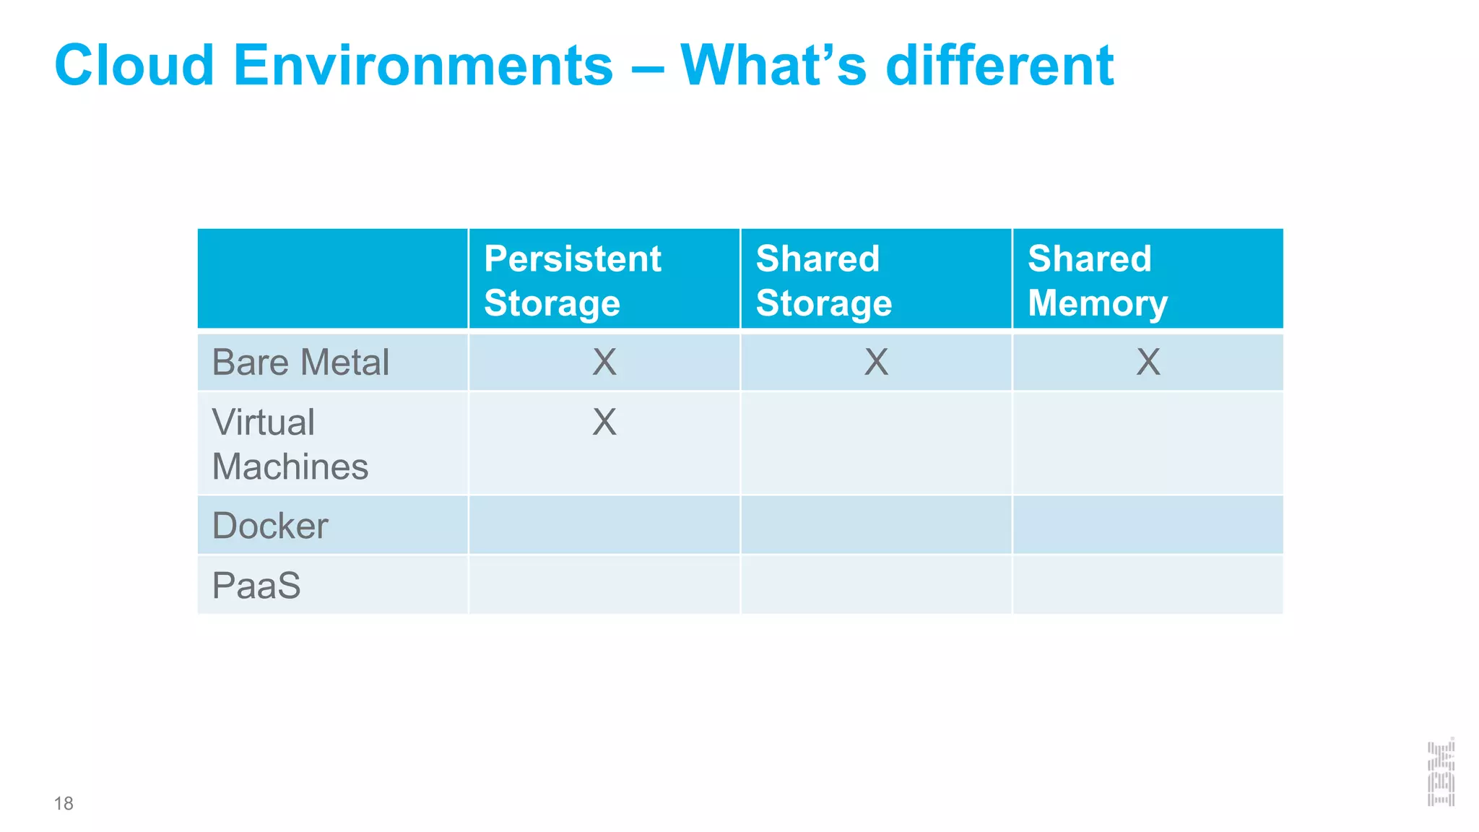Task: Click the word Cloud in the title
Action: (134, 66)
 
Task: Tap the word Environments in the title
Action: (423, 66)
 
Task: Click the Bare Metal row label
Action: (300, 362)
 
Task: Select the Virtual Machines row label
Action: (290, 444)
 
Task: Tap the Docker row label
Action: (270, 526)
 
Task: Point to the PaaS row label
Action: (256, 585)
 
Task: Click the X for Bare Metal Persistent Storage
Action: (604, 362)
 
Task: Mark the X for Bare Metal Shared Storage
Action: (876, 362)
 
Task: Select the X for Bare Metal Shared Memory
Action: (1148, 362)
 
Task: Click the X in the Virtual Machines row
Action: (604, 422)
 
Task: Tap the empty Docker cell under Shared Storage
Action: (876, 525)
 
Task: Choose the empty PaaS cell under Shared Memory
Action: (1148, 585)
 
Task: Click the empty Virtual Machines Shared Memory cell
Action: (1148, 443)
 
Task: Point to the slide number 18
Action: (64, 803)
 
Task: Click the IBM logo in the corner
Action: (1441, 773)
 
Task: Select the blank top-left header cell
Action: (332, 279)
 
